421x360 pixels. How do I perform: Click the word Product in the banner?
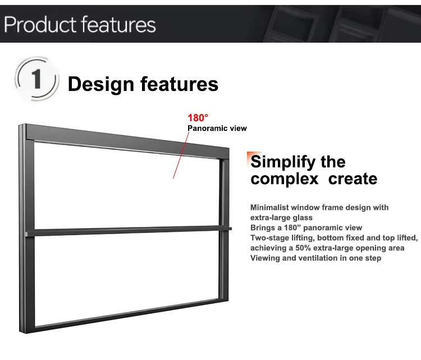coord(40,25)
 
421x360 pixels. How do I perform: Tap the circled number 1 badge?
coord(36,79)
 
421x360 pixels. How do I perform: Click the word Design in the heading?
coord(100,85)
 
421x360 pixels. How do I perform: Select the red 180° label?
coord(198,118)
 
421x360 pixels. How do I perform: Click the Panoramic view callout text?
coord(217,129)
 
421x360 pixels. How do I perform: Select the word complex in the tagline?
coord(285,180)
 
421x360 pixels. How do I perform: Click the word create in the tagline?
coord(353,179)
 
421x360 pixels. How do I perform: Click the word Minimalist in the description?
coord(269,207)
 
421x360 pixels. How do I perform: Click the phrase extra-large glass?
coord(281,217)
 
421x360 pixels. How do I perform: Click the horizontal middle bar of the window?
coord(129,231)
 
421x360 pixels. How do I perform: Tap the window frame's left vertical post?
coord(26,229)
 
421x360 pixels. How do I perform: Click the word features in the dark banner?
coord(118,25)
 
